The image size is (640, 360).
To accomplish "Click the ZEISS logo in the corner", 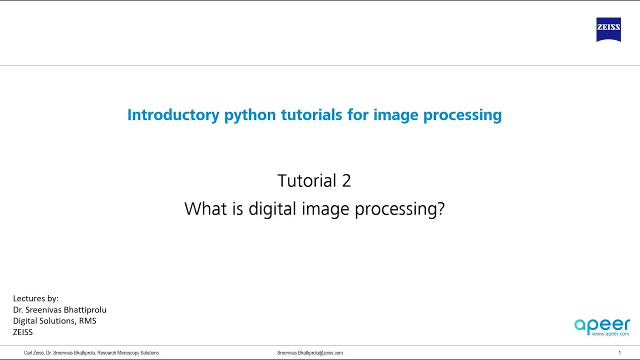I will [x=608, y=29].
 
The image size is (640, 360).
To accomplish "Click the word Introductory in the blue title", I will [x=173, y=115].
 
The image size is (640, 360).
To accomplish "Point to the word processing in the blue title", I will [x=462, y=115].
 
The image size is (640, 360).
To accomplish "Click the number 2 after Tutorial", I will [x=346, y=180].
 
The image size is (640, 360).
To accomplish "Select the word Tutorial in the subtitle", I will [x=307, y=180].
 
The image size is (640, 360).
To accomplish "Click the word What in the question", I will [x=205, y=208].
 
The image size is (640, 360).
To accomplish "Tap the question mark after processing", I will [x=440, y=208].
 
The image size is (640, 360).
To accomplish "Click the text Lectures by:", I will [x=36, y=298].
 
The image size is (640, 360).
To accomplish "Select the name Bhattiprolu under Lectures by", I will [x=82, y=309].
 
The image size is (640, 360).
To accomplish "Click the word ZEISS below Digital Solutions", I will [x=23, y=331].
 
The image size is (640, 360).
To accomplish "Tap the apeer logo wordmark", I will [x=601, y=325].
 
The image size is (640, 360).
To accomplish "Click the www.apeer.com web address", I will [x=610, y=333].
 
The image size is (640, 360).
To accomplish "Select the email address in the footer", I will [x=310, y=353].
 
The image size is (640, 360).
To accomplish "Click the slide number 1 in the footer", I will [x=619, y=353].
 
